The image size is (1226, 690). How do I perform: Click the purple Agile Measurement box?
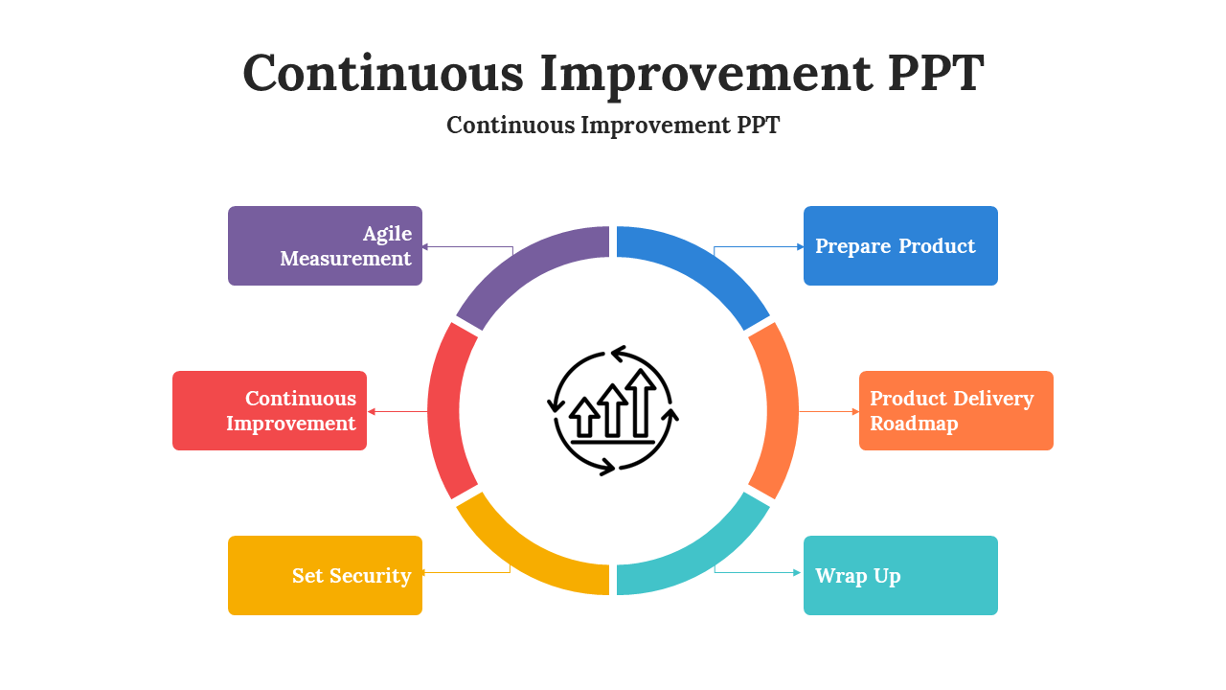[325, 246]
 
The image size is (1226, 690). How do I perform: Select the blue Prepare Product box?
[900, 246]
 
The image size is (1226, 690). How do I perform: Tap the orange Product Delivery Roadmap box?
[956, 411]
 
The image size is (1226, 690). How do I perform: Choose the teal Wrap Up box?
[900, 576]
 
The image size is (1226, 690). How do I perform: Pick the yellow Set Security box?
[325, 576]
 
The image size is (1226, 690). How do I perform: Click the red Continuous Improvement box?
[269, 411]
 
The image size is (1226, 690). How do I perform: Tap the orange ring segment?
[782, 411]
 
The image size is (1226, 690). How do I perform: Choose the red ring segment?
[443, 411]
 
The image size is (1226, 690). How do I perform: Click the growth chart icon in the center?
[613, 411]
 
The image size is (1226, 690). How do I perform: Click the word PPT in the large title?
[936, 73]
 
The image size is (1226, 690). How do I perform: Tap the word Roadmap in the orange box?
[914, 424]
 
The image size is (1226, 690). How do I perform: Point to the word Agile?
[388, 235]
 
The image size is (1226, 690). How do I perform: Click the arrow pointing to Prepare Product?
[759, 247]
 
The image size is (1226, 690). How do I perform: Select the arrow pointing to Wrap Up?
[758, 572]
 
